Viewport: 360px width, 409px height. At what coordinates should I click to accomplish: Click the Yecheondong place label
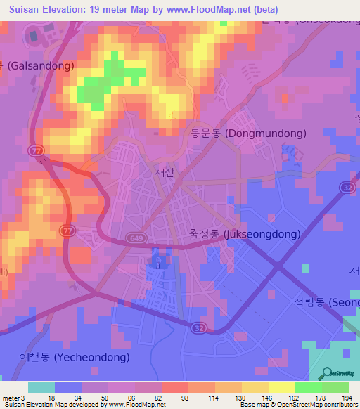point(75,357)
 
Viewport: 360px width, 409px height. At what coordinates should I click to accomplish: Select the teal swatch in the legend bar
point(41,387)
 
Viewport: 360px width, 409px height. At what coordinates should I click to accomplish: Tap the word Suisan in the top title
point(22,9)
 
